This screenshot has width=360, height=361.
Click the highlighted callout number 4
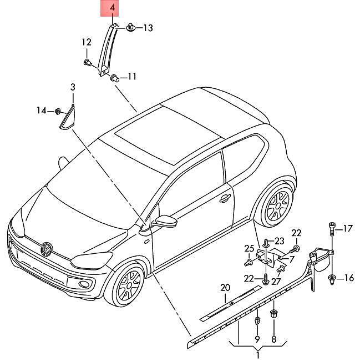click(112, 8)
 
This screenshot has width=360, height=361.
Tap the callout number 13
click(148, 28)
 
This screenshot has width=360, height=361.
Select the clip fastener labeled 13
click(130, 27)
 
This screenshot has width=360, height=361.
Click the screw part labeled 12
click(87, 62)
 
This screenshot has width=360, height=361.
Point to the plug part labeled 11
click(115, 78)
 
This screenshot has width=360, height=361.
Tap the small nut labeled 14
click(58, 111)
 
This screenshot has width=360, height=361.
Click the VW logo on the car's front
click(47, 249)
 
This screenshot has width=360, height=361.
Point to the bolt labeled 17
click(332, 229)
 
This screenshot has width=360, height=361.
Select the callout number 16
click(349, 278)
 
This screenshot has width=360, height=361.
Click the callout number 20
click(225, 288)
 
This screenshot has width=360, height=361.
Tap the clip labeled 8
click(273, 314)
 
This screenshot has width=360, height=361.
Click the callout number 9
click(257, 339)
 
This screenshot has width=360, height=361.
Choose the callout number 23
click(280, 241)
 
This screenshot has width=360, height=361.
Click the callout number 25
click(249, 249)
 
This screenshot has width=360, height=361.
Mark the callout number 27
click(277, 282)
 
